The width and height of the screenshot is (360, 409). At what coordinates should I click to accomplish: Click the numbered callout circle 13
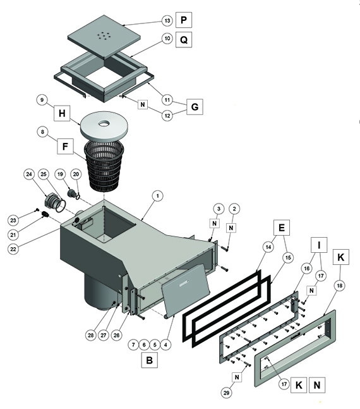point(167,20)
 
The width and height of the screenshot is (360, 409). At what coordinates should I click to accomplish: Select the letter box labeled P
point(184,20)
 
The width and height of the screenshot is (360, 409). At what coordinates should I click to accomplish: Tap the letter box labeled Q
point(184,40)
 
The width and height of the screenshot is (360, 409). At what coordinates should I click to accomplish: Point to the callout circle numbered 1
point(157,196)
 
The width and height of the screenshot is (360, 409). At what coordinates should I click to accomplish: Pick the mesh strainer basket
point(104,166)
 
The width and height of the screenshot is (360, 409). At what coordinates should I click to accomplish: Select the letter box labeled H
point(62,113)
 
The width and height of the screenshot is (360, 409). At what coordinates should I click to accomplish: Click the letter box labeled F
point(65,146)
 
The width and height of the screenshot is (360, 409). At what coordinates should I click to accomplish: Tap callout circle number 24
point(29,174)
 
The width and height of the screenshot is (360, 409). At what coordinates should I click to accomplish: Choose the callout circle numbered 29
point(226,393)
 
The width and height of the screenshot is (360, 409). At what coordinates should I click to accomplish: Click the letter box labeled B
point(150,360)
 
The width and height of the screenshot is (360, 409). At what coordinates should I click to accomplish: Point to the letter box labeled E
point(282,228)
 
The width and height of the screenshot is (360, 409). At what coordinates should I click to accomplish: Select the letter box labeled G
point(195,107)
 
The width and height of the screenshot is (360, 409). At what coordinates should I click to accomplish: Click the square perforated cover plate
point(104,37)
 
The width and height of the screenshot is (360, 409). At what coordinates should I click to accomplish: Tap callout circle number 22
point(13,249)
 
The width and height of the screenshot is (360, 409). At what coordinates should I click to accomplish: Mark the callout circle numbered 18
point(339,286)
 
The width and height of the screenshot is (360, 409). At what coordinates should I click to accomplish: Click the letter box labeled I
point(319,245)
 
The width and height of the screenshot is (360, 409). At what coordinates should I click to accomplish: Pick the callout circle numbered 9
point(42,100)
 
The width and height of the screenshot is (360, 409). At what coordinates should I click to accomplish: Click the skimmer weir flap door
point(186,290)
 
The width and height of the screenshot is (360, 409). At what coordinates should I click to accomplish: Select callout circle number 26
point(116,335)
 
